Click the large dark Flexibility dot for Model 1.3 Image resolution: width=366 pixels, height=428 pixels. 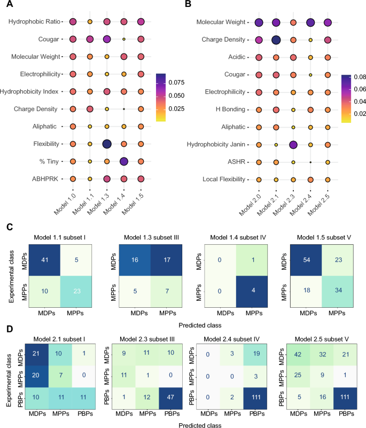coord(107,144)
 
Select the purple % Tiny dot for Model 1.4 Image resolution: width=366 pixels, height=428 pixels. coord(124,161)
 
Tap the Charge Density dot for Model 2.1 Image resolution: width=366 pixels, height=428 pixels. coord(276,40)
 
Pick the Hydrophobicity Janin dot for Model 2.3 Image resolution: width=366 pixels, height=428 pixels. coord(293,145)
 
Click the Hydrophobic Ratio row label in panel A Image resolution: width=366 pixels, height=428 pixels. coord(34,21)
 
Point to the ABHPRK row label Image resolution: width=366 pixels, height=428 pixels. coord(45,179)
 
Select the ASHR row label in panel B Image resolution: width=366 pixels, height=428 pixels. coord(236,162)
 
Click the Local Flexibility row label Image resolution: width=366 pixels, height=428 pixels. coord(224,180)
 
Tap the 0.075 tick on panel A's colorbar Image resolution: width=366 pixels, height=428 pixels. coord(176,82)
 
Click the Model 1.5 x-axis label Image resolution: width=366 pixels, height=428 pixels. coord(133,204)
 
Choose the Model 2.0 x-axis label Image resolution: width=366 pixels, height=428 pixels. coord(250,205)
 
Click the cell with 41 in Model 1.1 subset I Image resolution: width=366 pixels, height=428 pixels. coord(45,260)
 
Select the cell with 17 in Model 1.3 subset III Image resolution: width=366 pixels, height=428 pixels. coord(167,260)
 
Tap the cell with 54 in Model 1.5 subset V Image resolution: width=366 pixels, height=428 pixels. coord(306,260)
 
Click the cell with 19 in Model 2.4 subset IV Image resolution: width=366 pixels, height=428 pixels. coord(256,354)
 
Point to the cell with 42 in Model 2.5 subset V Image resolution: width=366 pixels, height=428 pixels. coord(298,354)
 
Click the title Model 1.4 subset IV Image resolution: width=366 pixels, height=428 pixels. coord(238,237)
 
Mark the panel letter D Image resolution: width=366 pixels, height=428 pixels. coord(10,329)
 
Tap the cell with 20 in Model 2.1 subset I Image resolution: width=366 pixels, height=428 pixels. coord(36,375)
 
